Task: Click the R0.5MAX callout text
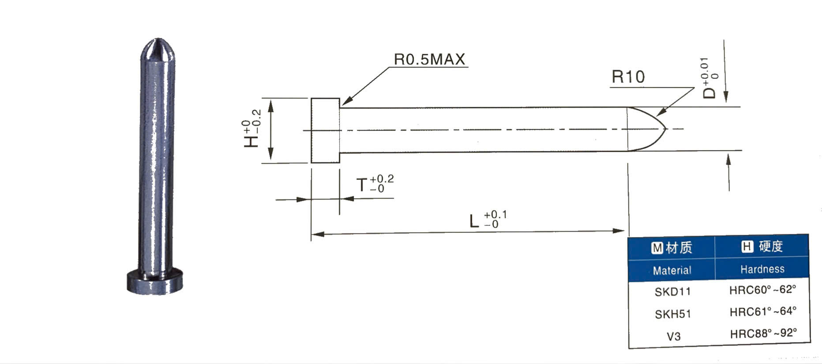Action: pos(429,59)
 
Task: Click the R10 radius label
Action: pos(628,77)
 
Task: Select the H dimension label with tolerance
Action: pos(252,129)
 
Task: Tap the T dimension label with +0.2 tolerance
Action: pos(375,184)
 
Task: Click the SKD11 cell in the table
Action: pos(672,292)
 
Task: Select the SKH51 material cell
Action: pos(672,314)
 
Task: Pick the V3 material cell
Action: pos(673,337)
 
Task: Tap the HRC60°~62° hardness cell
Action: pos(762,290)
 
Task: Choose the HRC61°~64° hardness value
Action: pos(762,311)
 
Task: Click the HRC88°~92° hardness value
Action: pos(763,333)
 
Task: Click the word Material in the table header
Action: pos(672,270)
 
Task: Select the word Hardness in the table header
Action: pos(762,269)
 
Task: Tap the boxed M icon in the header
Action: pos(657,248)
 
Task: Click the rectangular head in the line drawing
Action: pos(325,130)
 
